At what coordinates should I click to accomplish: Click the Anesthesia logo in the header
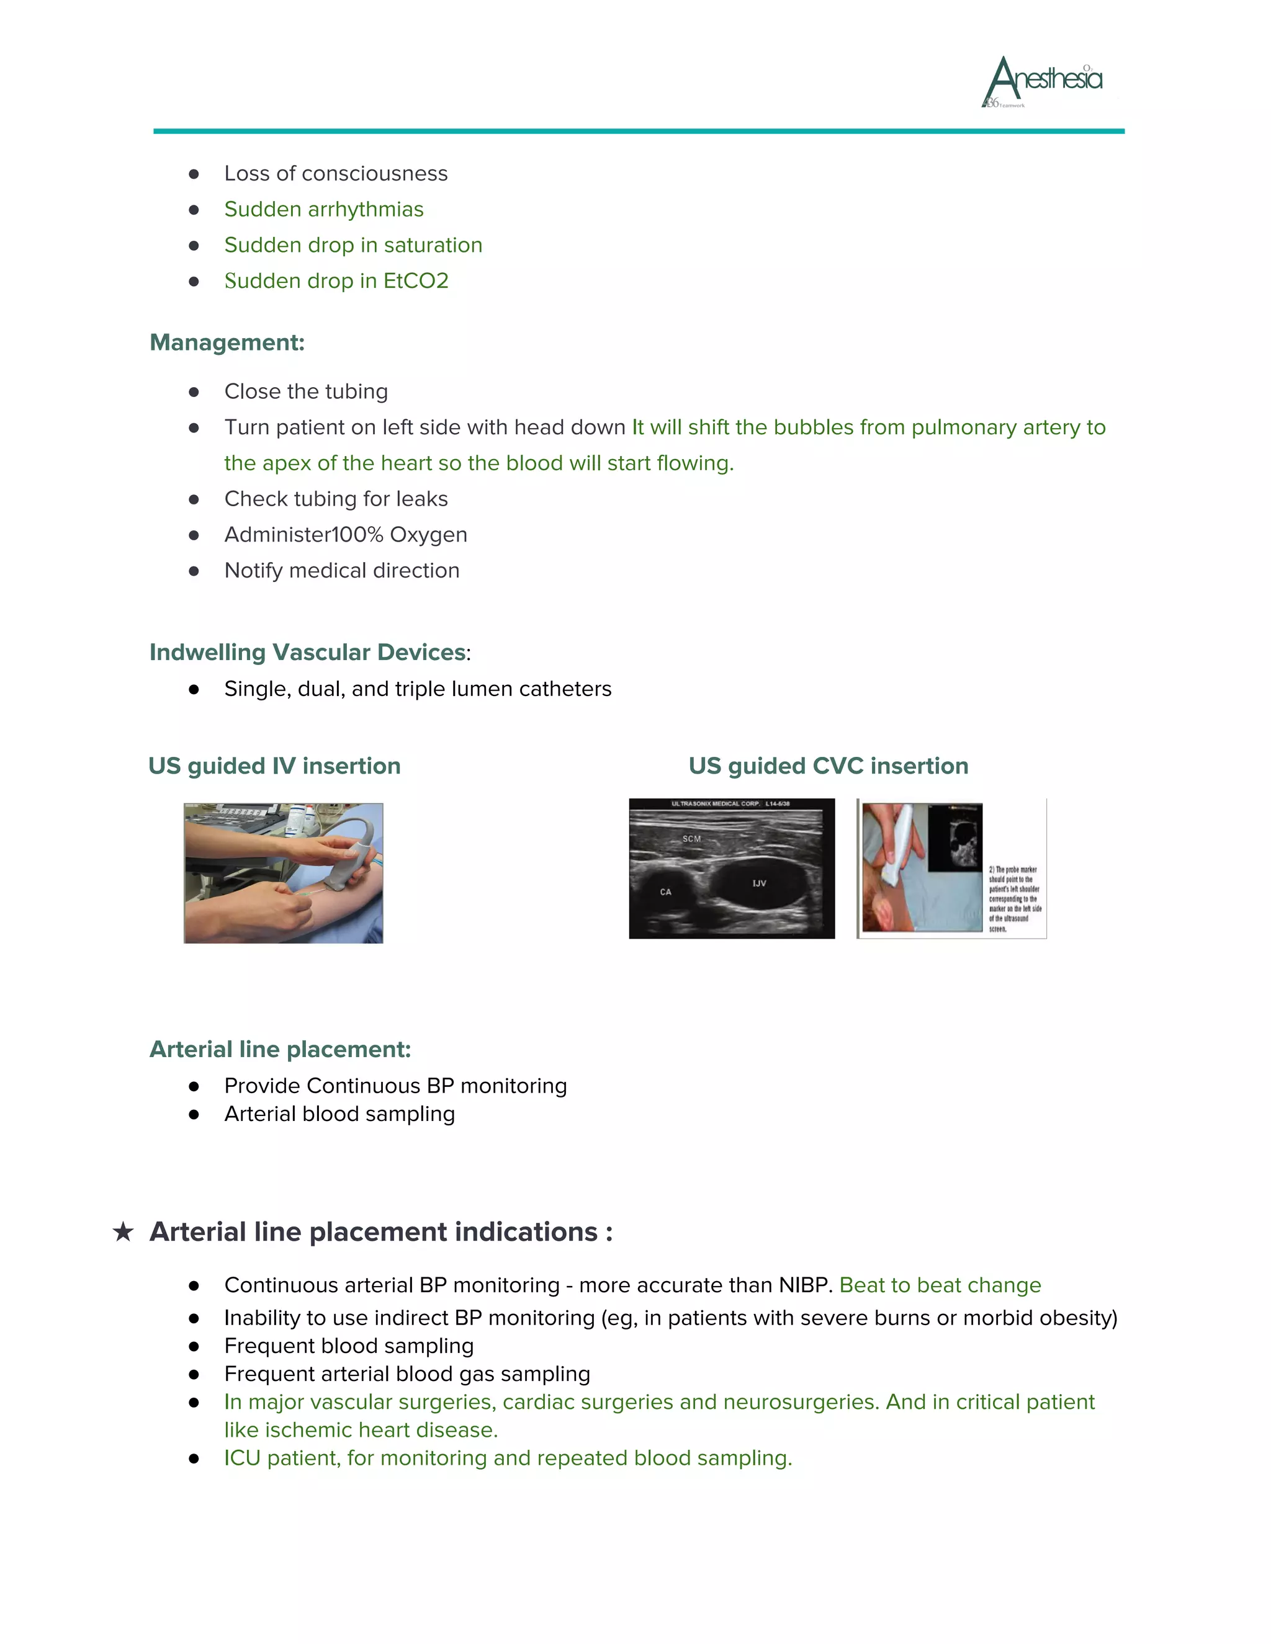1043,81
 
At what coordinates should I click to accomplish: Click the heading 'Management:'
227,342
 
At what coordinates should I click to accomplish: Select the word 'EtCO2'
416,281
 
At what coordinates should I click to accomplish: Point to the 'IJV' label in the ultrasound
759,883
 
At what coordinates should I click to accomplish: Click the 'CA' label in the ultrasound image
666,892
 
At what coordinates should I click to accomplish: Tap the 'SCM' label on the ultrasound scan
691,839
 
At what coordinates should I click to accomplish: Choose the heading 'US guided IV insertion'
274,766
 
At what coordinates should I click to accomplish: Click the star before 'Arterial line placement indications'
123,1232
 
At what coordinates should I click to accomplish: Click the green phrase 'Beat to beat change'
940,1285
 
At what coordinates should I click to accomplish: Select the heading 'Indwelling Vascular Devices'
307,652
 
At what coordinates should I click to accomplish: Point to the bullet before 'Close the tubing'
194,392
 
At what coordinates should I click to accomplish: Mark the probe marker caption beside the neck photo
1014,899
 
